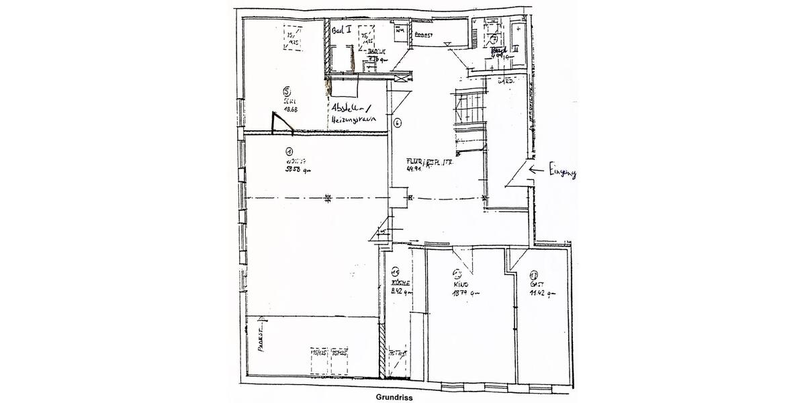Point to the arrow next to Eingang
[x=537, y=171]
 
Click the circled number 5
[x=287, y=91]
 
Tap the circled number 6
[x=398, y=123]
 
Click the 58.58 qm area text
[x=296, y=170]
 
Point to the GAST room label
[x=535, y=285]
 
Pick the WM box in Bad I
[x=400, y=30]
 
